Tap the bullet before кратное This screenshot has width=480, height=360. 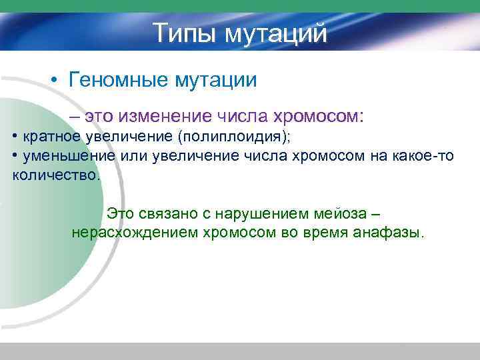15,137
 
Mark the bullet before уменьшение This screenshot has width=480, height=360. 15,157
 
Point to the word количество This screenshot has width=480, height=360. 56,176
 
